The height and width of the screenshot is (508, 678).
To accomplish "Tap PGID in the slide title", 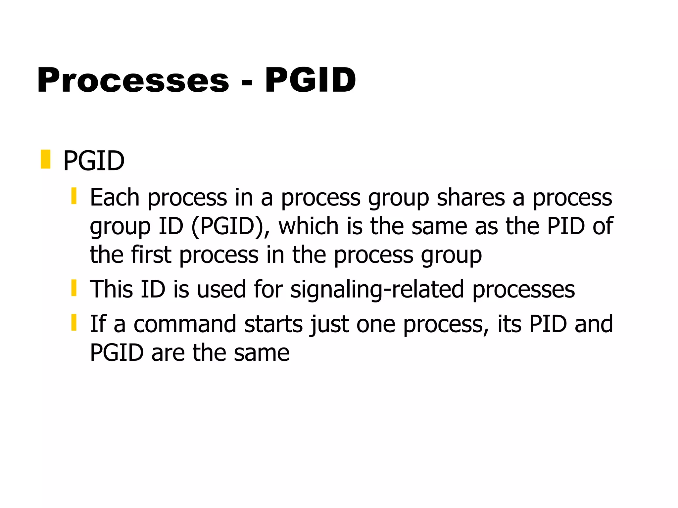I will (x=310, y=80).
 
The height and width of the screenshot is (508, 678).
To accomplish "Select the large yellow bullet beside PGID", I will (x=45, y=159).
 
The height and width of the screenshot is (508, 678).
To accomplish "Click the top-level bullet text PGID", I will (x=94, y=161).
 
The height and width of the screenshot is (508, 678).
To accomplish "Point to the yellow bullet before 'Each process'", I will (x=74, y=196).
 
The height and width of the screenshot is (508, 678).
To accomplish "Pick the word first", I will (x=151, y=255).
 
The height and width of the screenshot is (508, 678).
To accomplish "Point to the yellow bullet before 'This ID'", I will (x=74, y=288).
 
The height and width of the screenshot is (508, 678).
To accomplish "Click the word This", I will (x=111, y=289).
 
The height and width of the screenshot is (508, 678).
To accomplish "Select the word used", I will (x=221, y=289).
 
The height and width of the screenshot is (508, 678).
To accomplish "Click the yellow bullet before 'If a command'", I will (x=74, y=322).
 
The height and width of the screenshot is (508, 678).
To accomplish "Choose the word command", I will (x=185, y=324).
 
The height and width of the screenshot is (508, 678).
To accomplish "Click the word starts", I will (x=273, y=324).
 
